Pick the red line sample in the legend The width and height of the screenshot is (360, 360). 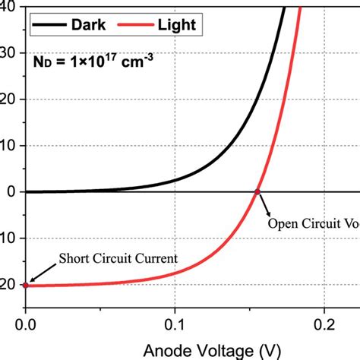(137, 26)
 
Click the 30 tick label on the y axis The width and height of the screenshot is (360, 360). (8, 52)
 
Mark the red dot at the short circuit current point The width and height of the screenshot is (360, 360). (26, 285)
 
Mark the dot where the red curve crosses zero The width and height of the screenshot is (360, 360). (257, 191)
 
